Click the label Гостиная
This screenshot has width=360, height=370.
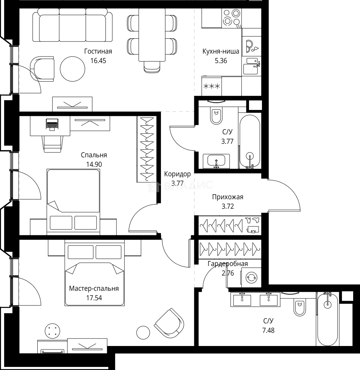tap(98, 51)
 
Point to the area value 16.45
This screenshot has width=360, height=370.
tap(98, 61)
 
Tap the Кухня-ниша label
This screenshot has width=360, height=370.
tap(221, 51)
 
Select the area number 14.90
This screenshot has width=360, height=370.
tap(94, 164)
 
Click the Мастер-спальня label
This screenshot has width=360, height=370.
tap(94, 288)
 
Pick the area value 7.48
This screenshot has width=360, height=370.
tap(269, 330)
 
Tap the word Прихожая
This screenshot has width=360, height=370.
tap(228, 197)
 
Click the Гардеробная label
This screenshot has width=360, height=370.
tap(228, 263)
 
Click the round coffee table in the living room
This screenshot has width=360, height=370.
tap(72, 69)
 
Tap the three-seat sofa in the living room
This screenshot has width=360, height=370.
tap(72, 25)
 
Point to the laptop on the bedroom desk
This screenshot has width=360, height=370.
tap(52, 124)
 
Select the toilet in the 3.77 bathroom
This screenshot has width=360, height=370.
tap(216, 114)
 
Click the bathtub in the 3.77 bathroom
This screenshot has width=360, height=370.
tap(250, 142)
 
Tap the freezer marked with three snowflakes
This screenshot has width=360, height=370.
tap(212, 86)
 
